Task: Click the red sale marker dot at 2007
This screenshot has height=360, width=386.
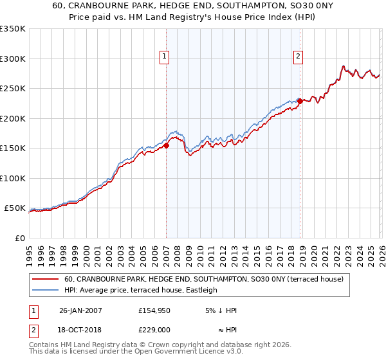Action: [x=166, y=145]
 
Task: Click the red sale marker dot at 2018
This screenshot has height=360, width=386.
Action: [x=300, y=101]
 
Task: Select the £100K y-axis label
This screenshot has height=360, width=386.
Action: [x=13, y=178]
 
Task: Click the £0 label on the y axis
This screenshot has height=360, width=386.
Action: [x=19, y=238]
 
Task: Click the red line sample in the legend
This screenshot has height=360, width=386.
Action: [x=46, y=279]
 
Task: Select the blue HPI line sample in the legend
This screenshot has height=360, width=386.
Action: [x=46, y=290]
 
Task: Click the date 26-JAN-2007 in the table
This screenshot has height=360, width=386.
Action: [x=80, y=310]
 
